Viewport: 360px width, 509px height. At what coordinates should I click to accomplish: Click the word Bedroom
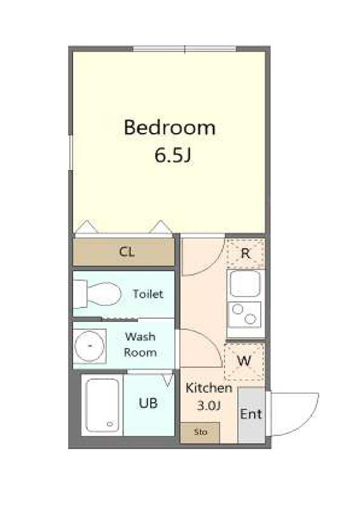click(x=169, y=128)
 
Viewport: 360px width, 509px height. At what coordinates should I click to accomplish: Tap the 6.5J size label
click(x=172, y=155)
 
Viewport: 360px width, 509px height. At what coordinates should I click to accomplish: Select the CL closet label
click(x=127, y=251)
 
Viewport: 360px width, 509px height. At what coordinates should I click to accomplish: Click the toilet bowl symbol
click(x=103, y=294)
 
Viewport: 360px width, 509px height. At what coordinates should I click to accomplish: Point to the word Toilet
click(x=148, y=294)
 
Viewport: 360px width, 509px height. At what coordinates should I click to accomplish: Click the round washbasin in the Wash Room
click(x=89, y=346)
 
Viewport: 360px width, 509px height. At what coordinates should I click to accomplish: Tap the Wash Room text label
click(x=140, y=344)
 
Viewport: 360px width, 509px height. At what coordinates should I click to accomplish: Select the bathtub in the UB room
click(x=102, y=405)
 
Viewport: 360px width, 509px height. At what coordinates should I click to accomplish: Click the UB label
click(x=148, y=403)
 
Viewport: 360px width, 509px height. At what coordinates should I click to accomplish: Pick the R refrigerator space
click(x=246, y=253)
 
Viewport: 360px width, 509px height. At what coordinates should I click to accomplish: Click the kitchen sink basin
click(x=245, y=284)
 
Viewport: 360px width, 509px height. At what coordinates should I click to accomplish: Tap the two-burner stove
click(x=244, y=314)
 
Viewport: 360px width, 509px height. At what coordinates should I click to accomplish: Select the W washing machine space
click(x=244, y=361)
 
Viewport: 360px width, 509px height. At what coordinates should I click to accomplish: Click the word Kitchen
click(x=209, y=387)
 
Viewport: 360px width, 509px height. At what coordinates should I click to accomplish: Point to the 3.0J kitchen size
click(x=209, y=405)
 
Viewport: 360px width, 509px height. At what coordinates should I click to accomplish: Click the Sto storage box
click(x=200, y=433)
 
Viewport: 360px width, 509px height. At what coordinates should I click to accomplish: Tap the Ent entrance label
click(x=251, y=414)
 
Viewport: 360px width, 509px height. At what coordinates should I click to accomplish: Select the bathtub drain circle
click(x=110, y=424)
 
